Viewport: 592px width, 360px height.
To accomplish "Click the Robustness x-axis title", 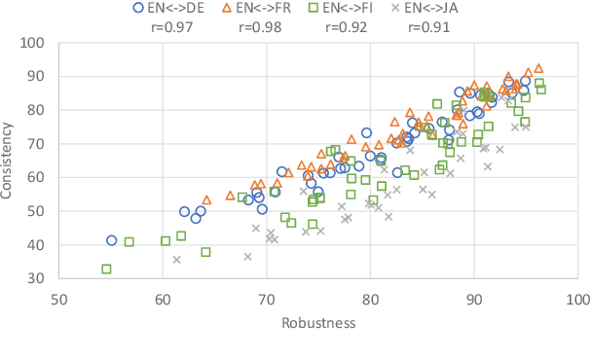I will tap(317, 322).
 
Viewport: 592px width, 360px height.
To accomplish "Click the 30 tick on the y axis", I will tap(36, 278).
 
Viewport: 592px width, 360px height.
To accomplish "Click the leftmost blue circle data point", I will tap(112, 240).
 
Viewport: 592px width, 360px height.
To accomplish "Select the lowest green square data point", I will tap(106, 269).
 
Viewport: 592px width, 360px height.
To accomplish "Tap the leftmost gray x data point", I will tap(176, 260).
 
